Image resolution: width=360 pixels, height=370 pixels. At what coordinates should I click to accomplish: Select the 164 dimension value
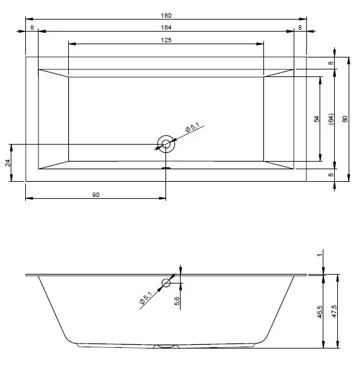[166, 28]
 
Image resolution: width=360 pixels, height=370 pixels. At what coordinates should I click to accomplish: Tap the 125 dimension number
[166, 40]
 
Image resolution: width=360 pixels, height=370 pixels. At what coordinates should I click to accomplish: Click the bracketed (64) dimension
[332, 118]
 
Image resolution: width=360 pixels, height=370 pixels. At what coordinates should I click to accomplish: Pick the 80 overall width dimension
[345, 118]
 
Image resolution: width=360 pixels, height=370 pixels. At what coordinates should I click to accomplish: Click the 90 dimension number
[96, 194]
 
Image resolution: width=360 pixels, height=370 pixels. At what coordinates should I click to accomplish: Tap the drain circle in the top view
[167, 145]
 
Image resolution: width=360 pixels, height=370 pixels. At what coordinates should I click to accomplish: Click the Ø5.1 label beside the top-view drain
[192, 129]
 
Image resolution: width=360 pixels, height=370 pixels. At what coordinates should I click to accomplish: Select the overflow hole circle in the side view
[167, 283]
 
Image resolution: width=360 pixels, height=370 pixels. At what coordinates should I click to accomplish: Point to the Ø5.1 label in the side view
[146, 297]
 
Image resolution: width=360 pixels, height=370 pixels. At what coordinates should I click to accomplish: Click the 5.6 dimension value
[177, 302]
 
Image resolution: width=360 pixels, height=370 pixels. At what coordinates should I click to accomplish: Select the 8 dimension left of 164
[32, 28]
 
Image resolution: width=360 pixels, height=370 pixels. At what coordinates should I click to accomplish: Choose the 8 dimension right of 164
[300, 28]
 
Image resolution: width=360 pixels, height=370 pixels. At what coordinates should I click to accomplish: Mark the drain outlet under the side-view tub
[167, 346]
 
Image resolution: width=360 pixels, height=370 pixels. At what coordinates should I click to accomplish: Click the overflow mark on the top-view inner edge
[167, 168]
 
